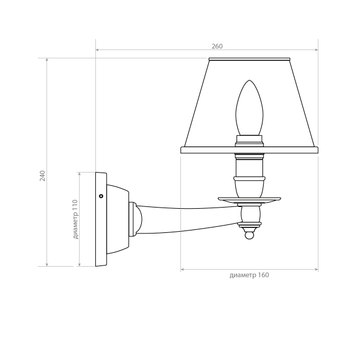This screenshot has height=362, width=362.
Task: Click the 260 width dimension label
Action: [217, 46]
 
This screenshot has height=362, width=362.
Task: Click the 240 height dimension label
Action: [42, 176]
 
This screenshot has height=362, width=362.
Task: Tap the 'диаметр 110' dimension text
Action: [75, 220]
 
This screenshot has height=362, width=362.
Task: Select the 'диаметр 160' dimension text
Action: [249, 275]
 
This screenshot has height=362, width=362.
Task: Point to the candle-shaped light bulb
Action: [249, 108]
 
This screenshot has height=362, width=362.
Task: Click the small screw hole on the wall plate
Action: [101, 196]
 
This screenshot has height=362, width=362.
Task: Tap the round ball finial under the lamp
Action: [249, 235]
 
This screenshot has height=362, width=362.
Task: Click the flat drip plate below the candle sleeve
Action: [249, 200]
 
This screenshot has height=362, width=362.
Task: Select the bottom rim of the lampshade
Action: [249, 150]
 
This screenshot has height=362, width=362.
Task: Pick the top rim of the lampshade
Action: [249, 59]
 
